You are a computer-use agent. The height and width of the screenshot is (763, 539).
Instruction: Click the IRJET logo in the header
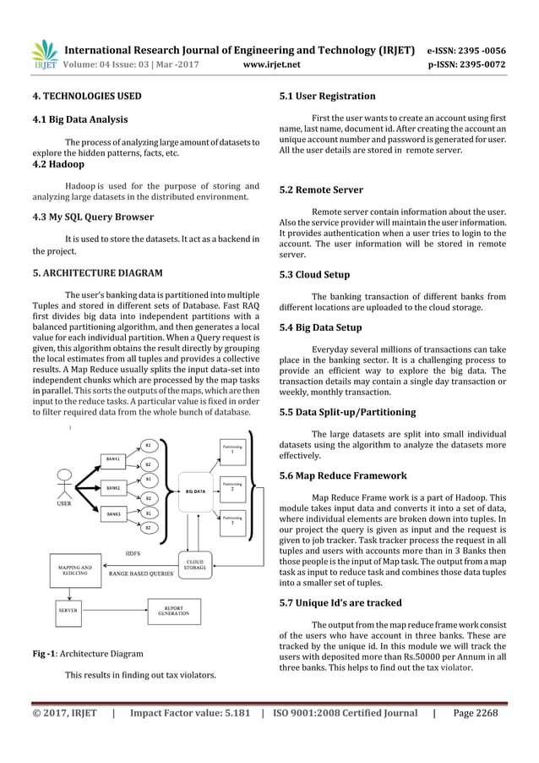tap(43, 53)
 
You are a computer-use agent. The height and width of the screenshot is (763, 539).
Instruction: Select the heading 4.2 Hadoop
tap(63, 165)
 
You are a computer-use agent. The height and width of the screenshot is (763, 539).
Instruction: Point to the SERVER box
tap(67, 609)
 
